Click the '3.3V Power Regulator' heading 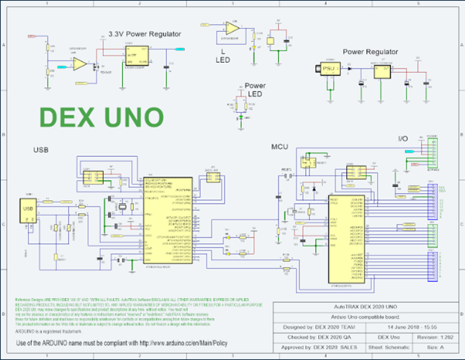coord(145,34)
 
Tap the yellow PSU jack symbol coord(330,68)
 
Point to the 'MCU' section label coord(279,147)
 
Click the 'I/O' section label coord(404,138)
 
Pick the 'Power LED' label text coord(255,90)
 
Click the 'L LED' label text coord(222,56)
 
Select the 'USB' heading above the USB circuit coord(41,150)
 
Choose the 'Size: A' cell coord(437,346)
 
